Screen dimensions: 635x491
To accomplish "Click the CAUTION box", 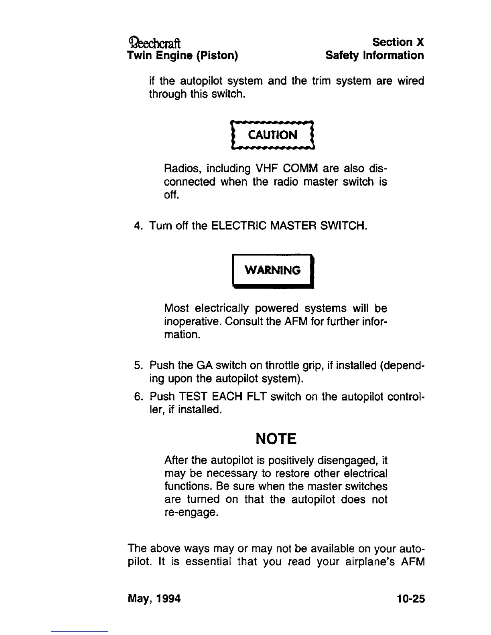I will pyautogui.click(x=273, y=135).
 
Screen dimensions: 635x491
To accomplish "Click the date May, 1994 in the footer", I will pyautogui.click(x=154, y=599).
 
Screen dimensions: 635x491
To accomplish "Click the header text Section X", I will pyautogui.click(x=398, y=42).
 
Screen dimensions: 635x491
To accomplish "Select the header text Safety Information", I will pyautogui.click(x=375, y=55).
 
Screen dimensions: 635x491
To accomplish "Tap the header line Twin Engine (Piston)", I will pyautogui.click(x=183, y=55).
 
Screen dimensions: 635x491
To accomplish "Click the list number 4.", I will pyautogui.click(x=138, y=226).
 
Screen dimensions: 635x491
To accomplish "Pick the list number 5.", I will pyautogui.click(x=138, y=366).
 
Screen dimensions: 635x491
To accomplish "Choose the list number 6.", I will pyautogui.click(x=138, y=397).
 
